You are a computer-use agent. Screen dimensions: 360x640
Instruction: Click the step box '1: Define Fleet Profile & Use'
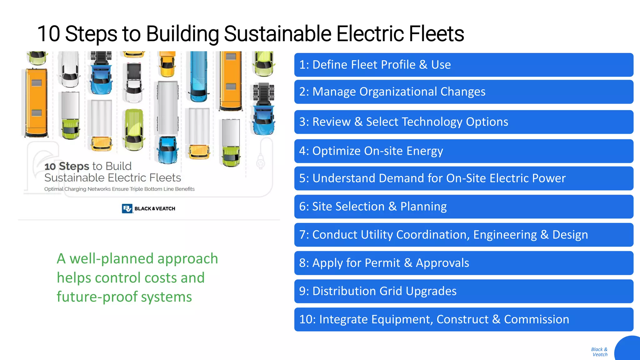(463, 65)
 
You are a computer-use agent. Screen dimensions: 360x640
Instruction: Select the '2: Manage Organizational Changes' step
(463, 92)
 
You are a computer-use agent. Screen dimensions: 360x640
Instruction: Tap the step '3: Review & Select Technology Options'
(463, 122)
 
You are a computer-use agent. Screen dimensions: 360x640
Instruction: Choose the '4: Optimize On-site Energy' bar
(463, 151)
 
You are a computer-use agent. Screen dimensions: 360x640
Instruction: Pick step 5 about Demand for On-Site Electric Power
(463, 178)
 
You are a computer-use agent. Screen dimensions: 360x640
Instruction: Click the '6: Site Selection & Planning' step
(463, 207)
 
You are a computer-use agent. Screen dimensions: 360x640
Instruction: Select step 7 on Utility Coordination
(463, 235)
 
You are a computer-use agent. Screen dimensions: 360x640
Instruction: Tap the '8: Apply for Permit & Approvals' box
(463, 263)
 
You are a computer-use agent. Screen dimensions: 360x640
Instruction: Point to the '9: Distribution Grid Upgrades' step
(463, 291)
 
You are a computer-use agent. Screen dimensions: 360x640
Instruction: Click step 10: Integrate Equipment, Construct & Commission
(463, 319)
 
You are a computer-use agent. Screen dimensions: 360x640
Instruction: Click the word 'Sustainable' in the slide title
(277, 34)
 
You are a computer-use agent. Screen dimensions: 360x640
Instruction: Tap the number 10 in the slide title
(48, 34)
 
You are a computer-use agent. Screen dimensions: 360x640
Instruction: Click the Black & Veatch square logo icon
(127, 208)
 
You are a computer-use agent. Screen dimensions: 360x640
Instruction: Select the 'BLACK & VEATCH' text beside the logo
(155, 209)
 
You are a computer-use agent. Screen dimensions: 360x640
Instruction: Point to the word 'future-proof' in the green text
(97, 297)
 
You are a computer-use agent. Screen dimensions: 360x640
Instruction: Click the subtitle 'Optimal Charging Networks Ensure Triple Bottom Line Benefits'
(119, 189)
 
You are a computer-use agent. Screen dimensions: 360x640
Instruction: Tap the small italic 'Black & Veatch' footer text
(599, 352)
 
